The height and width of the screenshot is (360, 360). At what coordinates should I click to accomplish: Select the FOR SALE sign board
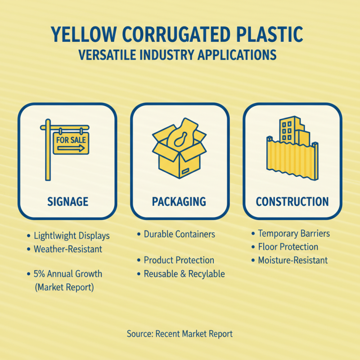[71, 143]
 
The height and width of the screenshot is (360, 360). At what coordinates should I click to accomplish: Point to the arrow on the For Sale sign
[71, 148]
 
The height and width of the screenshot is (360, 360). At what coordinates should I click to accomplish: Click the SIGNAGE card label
[67, 202]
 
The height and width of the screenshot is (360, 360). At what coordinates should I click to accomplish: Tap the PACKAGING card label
[179, 202]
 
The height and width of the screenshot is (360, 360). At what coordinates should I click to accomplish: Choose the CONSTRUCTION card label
[292, 202]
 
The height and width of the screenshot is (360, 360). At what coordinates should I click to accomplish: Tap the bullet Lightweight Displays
[72, 236]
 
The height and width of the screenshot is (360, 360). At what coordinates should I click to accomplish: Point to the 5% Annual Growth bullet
[68, 274]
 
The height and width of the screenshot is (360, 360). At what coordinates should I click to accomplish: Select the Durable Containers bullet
[179, 234]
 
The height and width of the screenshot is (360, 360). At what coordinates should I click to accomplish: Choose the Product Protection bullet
[179, 261]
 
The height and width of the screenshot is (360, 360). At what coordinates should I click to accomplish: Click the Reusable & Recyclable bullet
[184, 274]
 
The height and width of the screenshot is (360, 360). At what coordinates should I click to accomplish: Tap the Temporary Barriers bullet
[294, 234]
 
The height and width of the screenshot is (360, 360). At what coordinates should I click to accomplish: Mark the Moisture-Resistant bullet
[292, 261]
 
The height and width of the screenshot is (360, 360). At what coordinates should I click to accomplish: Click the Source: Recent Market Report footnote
[180, 334]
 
